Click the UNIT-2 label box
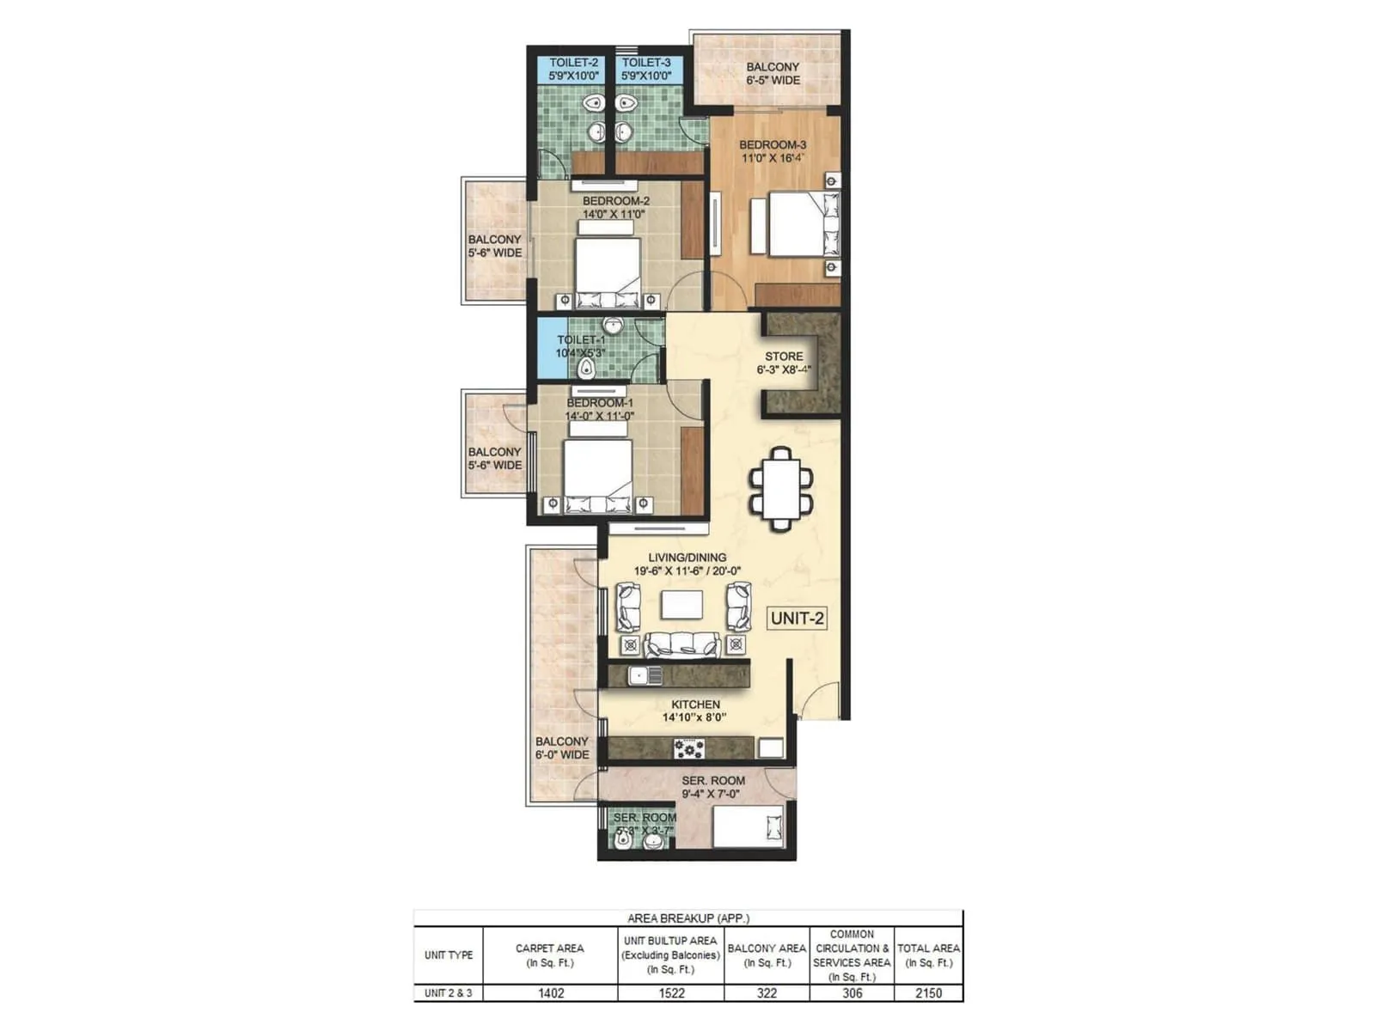pyautogui.click(x=797, y=618)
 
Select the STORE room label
pyautogui.click(x=784, y=356)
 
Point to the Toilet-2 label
pyautogui.click(x=573, y=63)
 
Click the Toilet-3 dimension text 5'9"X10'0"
pyautogui.click(x=646, y=76)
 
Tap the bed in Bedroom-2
pyautogui.click(x=608, y=266)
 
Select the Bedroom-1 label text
pyautogui.click(x=600, y=403)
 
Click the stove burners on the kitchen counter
pyautogui.click(x=688, y=749)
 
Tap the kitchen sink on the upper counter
pyautogui.click(x=644, y=676)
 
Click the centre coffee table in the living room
pyautogui.click(x=681, y=605)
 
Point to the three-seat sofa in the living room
pyautogui.click(x=682, y=644)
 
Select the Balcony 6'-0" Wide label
pyautogui.click(x=562, y=747)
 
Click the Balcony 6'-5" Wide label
pyautogui.click(x=773, y=73)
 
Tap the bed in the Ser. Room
pyautogui.click(x=748, y=827)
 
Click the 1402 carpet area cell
pyautogui.click(x=551, y=993)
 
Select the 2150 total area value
pyautogui.click(x=928, y=993)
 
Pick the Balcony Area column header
pyautogui.click(x=767, y=955)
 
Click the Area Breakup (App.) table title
pyautogui.click(x=687, y=918)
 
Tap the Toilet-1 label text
pyautogui.click(x=581, y=340)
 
